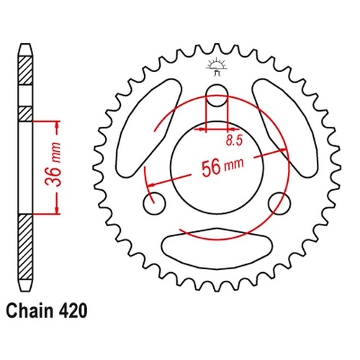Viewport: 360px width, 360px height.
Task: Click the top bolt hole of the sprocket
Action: pos(217,96)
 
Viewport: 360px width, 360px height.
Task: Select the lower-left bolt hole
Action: pos(155,204)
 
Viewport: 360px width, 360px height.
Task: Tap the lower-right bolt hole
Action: pos(279,204)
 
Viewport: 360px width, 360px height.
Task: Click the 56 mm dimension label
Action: pos(222,167)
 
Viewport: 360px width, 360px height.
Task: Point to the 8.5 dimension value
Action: pos(234,140)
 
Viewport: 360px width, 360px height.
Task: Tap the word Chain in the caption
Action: pos(30,311)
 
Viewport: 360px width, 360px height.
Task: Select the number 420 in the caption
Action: pos(72,311)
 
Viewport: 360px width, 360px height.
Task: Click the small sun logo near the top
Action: pos(216,67)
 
